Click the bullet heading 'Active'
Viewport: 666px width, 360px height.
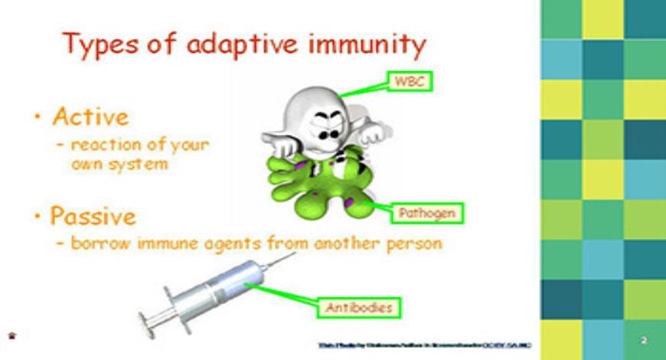tap(90, 117)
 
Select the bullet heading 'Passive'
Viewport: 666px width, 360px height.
tap(93, 216)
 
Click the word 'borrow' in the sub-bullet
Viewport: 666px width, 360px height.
tap(99, 244)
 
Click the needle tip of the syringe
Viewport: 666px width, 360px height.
tap(293, 255)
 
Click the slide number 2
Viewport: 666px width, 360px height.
tap(644, 339)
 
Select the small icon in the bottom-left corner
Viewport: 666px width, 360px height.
tap(11, 335)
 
